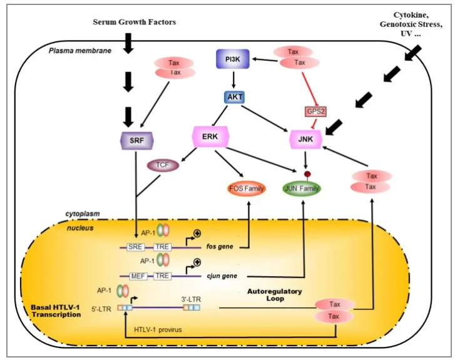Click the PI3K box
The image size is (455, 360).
point(233,59)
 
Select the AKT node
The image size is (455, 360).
point(235,97)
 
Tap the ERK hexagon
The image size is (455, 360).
point(210,136)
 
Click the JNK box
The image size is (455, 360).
point(305,139)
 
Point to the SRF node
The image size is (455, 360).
point(136,140)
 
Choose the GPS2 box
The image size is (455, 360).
point(315,111)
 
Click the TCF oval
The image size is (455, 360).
point(163,165)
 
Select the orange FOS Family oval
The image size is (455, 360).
point(247,188)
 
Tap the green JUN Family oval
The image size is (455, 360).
point(302,188)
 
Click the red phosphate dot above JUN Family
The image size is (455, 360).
point(307,174)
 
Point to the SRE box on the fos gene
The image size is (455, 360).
point(135,247)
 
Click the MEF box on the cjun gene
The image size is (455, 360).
point(138,276)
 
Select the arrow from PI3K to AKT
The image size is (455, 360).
point(233,80)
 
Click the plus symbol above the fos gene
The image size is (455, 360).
point(197,233)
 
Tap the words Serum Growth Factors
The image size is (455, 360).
point(135,22)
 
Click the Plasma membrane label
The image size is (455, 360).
point(80,51)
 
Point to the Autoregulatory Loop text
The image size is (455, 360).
point(275,295)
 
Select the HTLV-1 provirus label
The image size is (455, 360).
point(158,330)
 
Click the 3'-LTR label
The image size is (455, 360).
point(192,299)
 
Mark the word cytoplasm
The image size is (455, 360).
point(83,214)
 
